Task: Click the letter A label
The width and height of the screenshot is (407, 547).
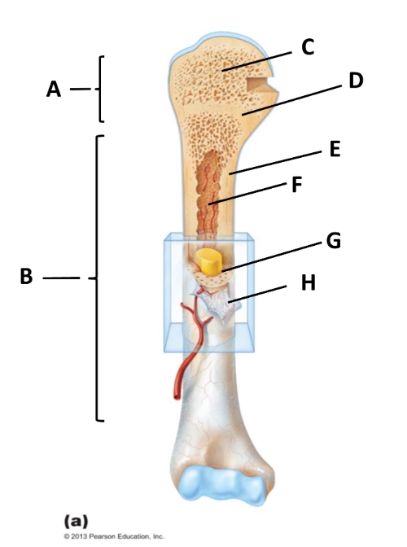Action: coord(54,90)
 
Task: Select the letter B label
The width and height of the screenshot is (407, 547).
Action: coord(27,276)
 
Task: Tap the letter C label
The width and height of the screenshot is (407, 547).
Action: coord(308,47)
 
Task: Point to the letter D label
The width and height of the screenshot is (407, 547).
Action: coord(356,81)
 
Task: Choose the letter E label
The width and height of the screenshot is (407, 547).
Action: coord(335,149)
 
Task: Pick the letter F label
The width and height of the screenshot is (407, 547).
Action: coord(296,185)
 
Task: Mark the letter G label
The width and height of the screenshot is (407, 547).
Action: coord(334,241)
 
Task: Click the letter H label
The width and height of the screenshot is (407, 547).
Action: coord(309,282)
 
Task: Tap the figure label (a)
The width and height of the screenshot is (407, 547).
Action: coord(76,522)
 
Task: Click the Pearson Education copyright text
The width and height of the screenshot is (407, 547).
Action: coord(114,536)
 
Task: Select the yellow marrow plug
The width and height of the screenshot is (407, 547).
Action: coord(209,261)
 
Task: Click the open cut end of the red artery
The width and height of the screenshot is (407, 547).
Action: coord(177,396)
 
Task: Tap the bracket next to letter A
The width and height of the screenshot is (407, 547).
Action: coord(100,89)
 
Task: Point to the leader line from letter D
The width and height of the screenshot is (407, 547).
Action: coord(292,100)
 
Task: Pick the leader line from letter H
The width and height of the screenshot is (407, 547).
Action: coord(257,293)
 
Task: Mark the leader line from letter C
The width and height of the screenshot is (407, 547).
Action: coord(256,62)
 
